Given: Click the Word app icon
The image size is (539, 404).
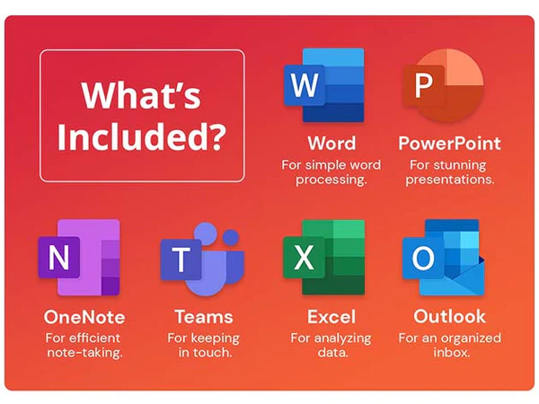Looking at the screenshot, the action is pyautogui.click(x=324, y=85).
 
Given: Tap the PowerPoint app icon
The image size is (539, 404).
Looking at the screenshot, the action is pyautogui.click(x=444, y=85).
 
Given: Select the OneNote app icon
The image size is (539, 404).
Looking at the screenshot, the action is pyautogui.click(x=79, y=258).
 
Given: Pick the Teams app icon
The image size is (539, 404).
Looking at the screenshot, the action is pyautogui.click(x=202, y=259).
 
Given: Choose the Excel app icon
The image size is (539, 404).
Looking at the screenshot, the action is pyautogui.click(x=323, y=258).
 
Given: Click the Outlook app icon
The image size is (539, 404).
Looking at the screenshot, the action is pyautogui.click(x=444, y=258).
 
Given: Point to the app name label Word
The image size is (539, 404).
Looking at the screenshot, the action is pyautogui.click(x=331, y=144).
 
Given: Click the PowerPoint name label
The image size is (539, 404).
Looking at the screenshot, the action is pyautogui.click(x=450, y=144).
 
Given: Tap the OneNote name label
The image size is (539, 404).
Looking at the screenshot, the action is pyautogui.click(x=84, y=317).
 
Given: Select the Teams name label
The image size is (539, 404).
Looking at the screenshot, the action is pyautogui.click(x=204, y=317).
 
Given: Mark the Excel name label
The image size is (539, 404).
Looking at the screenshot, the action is pyautogui.click(x=331, y=317).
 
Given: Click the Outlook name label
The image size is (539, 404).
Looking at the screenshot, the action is pyautogui.click(x=450, y=316).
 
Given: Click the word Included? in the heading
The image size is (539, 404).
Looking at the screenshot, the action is pyautogui.click(x=142, y=136).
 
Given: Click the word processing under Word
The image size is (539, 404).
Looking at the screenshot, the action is pyautogui.click(x=331, y=180).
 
